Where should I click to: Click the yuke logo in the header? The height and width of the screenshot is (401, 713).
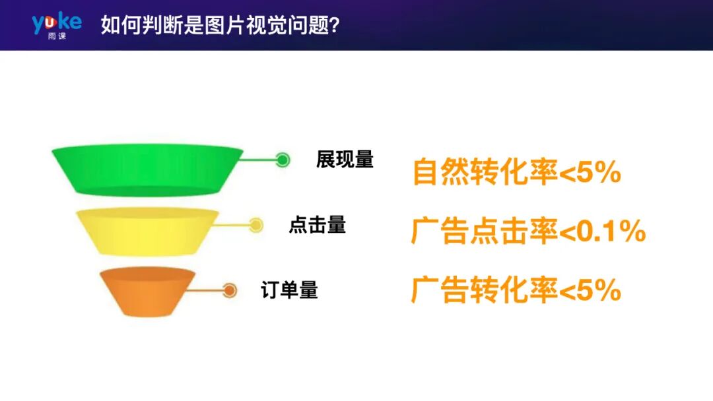pos(57,22)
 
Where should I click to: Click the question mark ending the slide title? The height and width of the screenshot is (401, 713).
pos(335,26)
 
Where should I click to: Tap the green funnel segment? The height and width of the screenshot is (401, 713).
pos(147,170)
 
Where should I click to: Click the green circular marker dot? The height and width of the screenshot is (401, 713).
pos(283,160)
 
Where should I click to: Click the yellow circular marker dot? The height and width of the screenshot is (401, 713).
pos(256,226)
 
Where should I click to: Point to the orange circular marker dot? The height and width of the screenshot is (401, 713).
pos(230,290)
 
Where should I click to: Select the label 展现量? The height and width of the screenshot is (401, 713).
pos(345,160)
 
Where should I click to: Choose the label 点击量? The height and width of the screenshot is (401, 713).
pos(317,225)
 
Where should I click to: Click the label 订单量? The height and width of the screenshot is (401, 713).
pos(290,290)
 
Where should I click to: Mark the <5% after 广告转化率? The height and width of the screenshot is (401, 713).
pos(590,290)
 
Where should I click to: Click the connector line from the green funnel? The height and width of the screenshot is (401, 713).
pos(257,160)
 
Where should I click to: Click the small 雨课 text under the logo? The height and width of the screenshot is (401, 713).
pos(57,36)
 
